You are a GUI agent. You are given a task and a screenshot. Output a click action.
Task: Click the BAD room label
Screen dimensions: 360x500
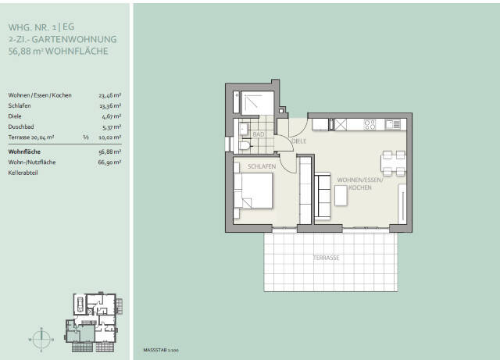pos(259,134)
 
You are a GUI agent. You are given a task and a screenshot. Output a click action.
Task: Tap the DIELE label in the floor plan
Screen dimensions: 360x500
pos(298,141)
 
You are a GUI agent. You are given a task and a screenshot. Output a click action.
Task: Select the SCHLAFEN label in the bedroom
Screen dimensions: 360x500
pos(262,167)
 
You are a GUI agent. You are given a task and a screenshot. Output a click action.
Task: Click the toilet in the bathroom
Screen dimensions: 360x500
pos(245,145)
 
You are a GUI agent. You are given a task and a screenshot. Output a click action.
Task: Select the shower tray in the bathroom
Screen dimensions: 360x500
pos(255,104)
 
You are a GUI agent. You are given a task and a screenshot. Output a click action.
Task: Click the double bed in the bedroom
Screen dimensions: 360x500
pos(254,190)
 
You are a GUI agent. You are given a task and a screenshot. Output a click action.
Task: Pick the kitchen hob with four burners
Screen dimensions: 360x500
pos(370,124)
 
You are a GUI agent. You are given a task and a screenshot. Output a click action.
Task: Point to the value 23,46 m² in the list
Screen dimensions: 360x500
pos(109,95)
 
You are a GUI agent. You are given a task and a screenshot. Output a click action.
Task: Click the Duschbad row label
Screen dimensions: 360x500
pos(21,125)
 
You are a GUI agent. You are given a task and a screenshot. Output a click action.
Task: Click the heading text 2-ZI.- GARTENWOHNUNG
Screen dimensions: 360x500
pos(62,38)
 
